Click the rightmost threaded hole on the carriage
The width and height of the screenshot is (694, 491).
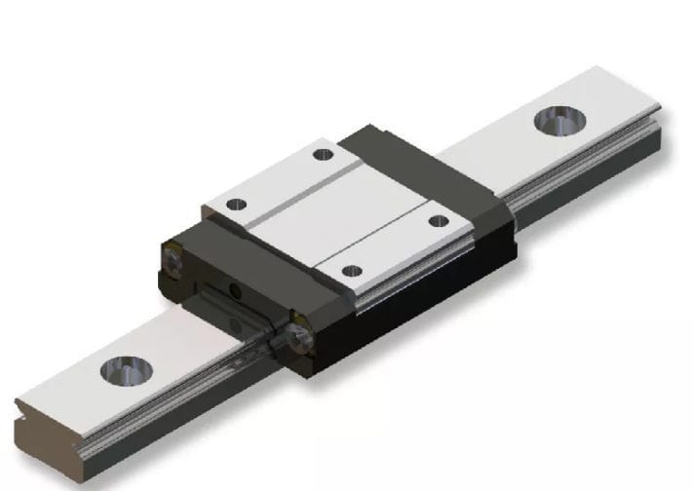point(439,221)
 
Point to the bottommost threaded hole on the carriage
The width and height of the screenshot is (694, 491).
point(353,270)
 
